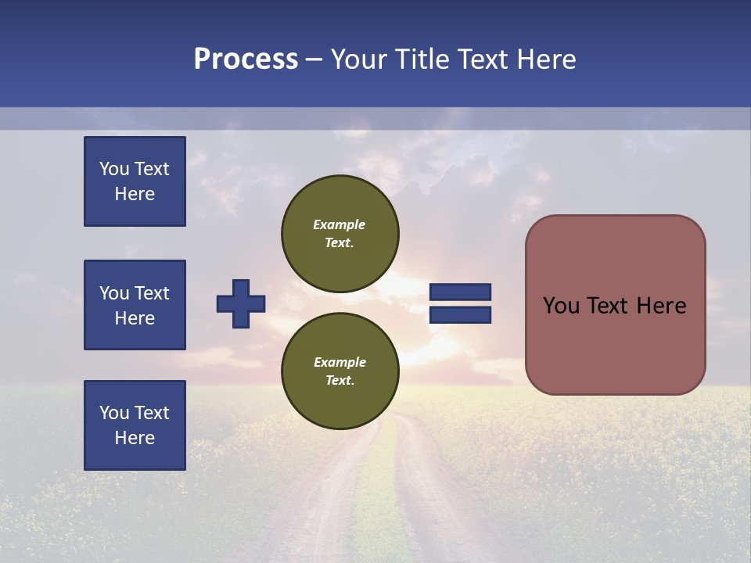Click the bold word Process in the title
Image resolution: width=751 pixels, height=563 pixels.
246,59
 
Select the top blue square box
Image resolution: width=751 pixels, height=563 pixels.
135,181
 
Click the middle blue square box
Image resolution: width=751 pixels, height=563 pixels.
135,305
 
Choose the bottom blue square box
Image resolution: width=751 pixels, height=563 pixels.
135,425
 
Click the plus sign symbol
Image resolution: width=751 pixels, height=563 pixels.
241,303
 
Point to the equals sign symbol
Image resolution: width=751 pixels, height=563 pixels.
460,303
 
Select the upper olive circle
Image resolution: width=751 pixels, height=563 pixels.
340,234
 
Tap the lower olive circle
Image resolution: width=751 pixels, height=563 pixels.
340,371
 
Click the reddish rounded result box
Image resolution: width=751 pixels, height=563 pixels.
615,305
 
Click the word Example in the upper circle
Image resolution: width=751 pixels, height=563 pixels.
340,224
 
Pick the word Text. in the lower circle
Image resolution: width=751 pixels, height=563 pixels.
340,381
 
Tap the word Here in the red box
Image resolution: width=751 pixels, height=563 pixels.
661,306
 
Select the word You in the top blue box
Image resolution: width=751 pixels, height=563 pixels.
113,169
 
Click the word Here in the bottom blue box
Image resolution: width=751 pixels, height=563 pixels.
135,438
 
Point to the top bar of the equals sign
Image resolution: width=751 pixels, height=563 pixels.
460,292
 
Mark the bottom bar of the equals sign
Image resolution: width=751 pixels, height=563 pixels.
460,315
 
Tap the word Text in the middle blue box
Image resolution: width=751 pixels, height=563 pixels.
151,293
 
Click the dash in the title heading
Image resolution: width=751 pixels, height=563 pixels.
314,60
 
